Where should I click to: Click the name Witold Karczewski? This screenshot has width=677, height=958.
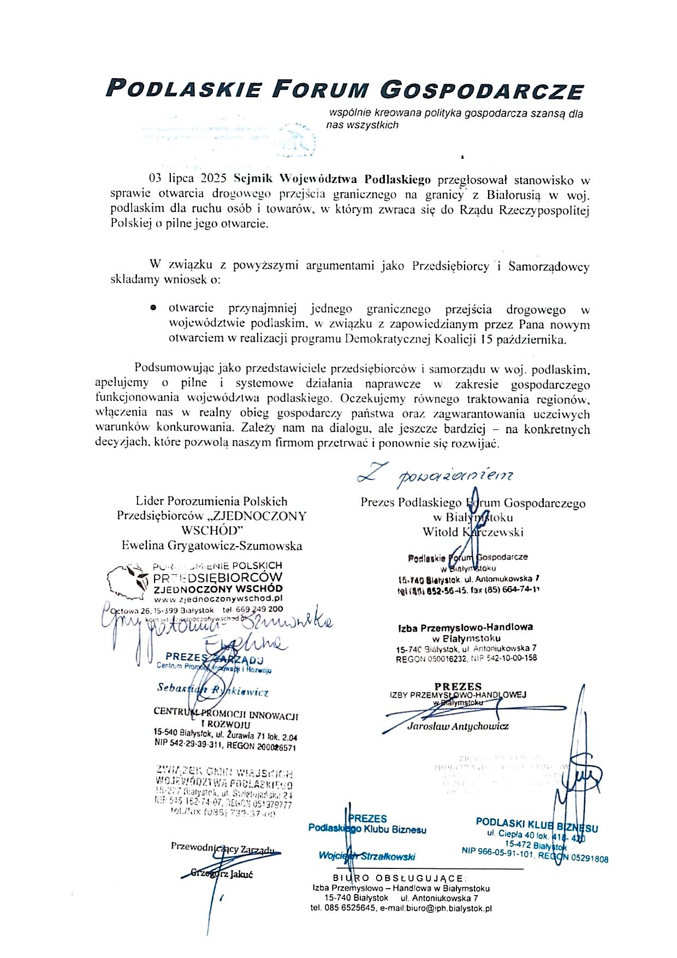(473, 531)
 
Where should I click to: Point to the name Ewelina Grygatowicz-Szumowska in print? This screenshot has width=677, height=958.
(212, 545)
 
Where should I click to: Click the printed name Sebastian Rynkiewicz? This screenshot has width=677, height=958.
(212, 690)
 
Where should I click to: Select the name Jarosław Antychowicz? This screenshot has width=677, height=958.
(458, 726)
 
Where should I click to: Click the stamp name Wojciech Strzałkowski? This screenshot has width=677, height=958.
(367, 856)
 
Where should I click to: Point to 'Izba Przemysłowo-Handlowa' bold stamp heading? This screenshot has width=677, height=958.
(465, 628)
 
